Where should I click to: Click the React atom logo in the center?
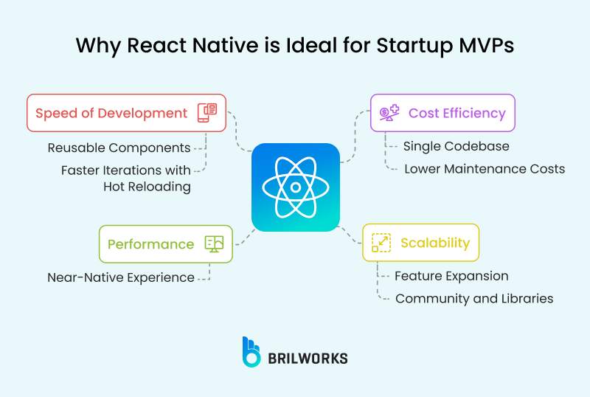[x=295, y=187]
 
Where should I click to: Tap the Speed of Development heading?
[x=111, y=113]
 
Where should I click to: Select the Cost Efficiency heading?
[x=457, y=113]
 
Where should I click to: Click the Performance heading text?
[x=150, y=244]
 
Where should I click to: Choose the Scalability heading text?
[x=434, y=243]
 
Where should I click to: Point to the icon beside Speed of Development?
[x=207, y=113]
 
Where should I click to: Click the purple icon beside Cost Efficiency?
[x=389, y=113]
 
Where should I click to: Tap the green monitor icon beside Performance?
[x=215, y=244]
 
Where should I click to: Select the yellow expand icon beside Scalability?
[x=381, y=243]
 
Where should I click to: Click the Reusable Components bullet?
[x=119, y=148]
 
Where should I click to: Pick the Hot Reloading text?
[x=147, y=187]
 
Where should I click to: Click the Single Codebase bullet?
[x=456, y=146]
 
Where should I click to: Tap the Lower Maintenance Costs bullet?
[x=484, y=169]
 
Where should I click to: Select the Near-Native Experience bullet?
[x=121, y=277]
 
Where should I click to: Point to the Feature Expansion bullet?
[x=451, y=276]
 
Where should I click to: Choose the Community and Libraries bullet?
[x=473, y=299]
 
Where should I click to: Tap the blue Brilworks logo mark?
[x=251, y=352]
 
